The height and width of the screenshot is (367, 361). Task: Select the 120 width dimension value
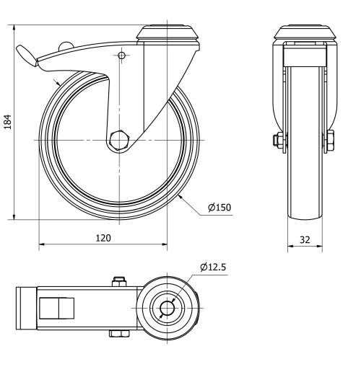coord(103,237)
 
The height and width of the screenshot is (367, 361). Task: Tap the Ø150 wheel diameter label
coord(219,208)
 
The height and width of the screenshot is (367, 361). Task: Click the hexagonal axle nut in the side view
coord(121,139)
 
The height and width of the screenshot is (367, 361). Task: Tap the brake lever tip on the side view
coord(22,52)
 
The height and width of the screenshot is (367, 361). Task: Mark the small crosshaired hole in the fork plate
coord(121,56)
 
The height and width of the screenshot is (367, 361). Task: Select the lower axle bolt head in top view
coord(118,333)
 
